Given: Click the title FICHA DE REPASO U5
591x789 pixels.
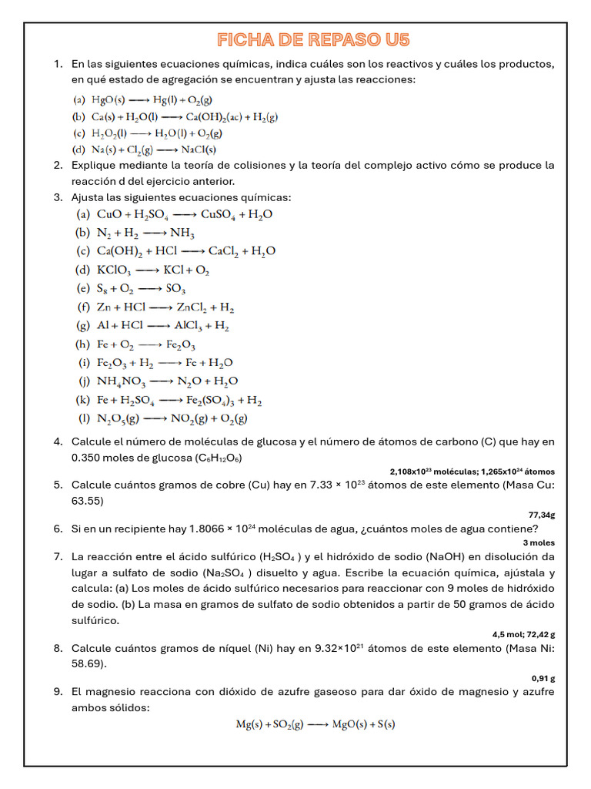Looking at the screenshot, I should coord(313,40).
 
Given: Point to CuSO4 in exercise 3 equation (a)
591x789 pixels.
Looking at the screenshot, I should coord(220,214).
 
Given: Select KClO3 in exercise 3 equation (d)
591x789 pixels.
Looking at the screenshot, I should coord(115,270).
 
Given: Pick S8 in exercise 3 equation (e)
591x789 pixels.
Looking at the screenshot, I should coord(103,289).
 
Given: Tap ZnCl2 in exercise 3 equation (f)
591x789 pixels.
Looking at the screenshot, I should coord(192,307).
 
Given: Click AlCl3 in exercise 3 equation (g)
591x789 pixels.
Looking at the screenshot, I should coord(190,326).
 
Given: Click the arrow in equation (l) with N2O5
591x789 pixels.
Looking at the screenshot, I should coord(155,419).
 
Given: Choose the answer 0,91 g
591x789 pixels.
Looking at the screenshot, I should coord(543,678).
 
